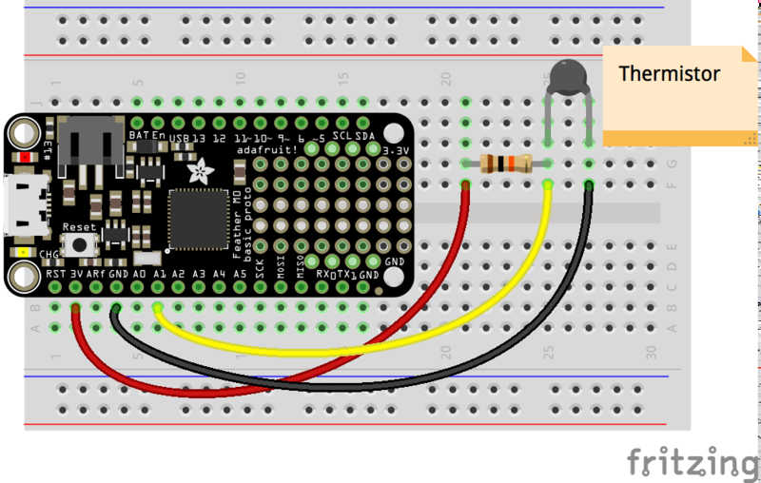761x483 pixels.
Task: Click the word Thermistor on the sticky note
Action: click(x=670, y=73)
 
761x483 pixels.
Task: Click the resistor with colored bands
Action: click(x=506, y=164)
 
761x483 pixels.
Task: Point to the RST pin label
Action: click(x=56, y=274)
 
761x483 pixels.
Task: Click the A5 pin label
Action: click(x=240, y=274)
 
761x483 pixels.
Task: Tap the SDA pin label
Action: click(x=362, y=137)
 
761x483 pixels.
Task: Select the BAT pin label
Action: click(x=136, y=136)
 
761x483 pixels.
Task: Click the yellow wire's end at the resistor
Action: click(x=548, y=184)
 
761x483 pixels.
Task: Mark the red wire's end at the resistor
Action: click(x=466, y=184)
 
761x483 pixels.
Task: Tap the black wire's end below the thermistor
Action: click(x=589, y=184)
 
